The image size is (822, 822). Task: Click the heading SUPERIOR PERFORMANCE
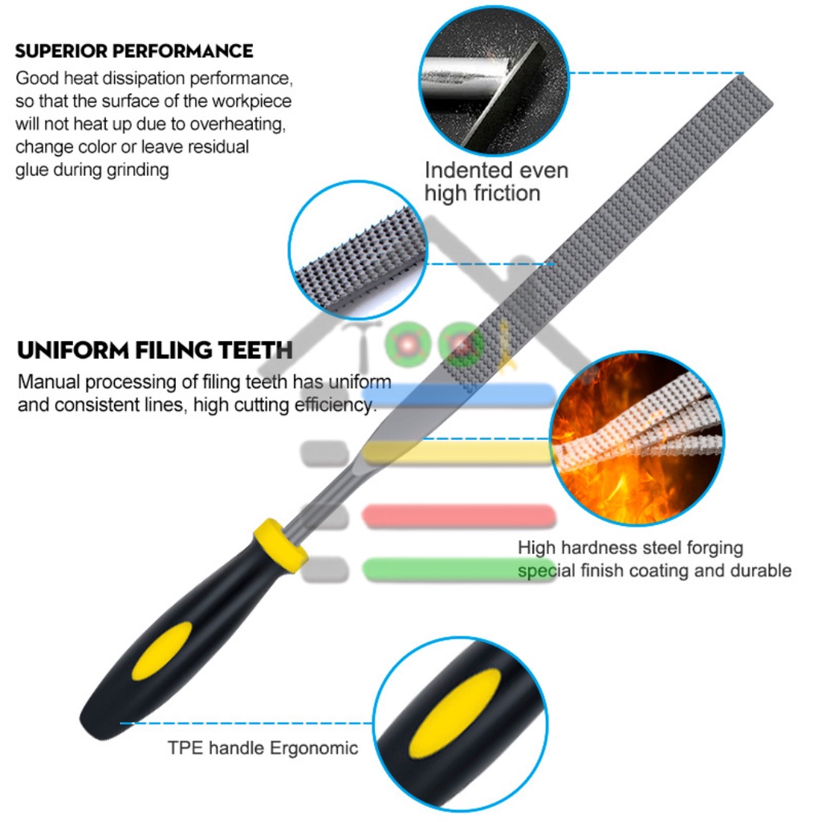[134, 51]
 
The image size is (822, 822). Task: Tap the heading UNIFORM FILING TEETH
[155, 351]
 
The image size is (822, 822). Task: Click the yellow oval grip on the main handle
[161, 650]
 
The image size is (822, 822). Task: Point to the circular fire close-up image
[637, 438]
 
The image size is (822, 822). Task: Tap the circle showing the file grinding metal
[494, 80]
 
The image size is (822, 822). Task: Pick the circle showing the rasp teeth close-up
[358, 250]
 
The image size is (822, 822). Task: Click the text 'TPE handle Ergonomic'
[262, 748]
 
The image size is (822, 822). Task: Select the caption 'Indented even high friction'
[495, 181]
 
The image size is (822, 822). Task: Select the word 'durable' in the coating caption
[759, 571]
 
